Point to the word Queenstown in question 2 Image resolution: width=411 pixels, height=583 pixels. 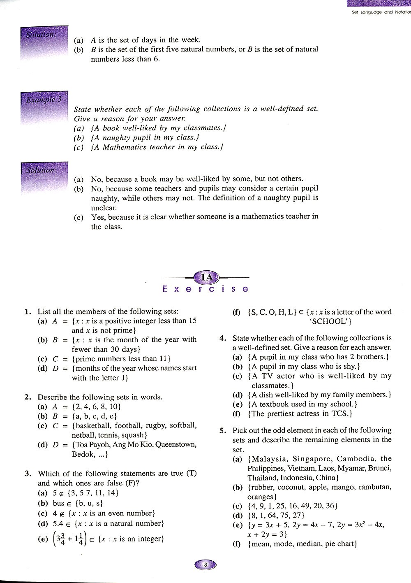tap(177, 445)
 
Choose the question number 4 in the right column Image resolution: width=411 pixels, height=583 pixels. tap(222, 338)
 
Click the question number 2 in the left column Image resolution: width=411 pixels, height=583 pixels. tap(28, 397)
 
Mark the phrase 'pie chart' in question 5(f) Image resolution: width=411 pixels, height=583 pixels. tap(339, 544)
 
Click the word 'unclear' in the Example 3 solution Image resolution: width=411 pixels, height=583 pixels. tap(104, 208)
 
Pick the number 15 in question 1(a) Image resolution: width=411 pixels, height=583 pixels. tap(192, 321)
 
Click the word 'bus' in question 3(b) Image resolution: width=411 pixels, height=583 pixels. tap(59, 503)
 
